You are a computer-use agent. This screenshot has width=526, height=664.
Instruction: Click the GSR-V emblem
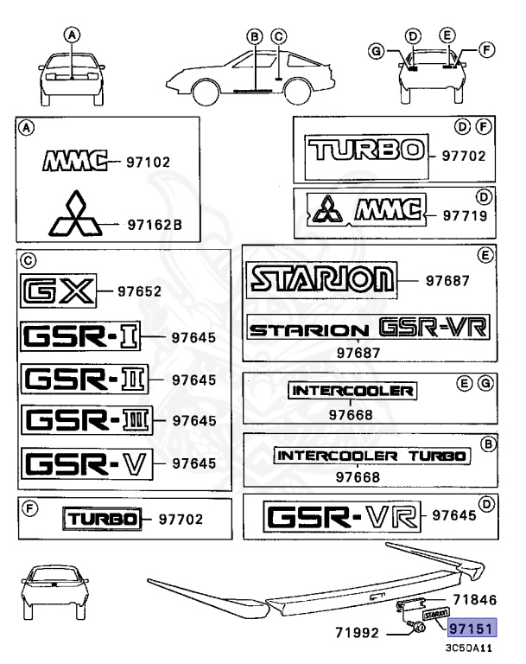(x=84, y=463)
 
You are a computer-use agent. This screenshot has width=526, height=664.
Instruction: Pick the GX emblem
(x=59, y=291)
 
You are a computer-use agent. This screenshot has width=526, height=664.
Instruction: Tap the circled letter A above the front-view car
(x=73, y=35)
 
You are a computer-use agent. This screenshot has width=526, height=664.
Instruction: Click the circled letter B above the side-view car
(x=254, y=36)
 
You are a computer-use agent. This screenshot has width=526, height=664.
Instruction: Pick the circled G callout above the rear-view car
(x=375, y=51)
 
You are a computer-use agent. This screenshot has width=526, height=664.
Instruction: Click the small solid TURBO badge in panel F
(x=101, y=520)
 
